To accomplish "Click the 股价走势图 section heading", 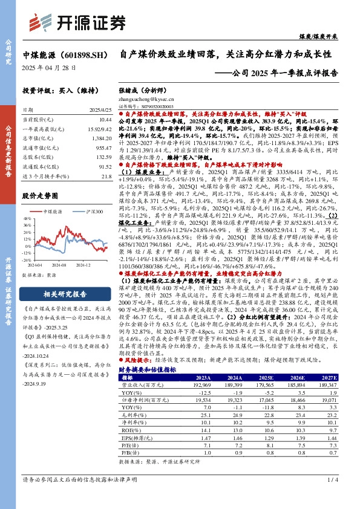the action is pos(39,196).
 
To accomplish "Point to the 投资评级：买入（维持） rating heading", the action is pos(56,90).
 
